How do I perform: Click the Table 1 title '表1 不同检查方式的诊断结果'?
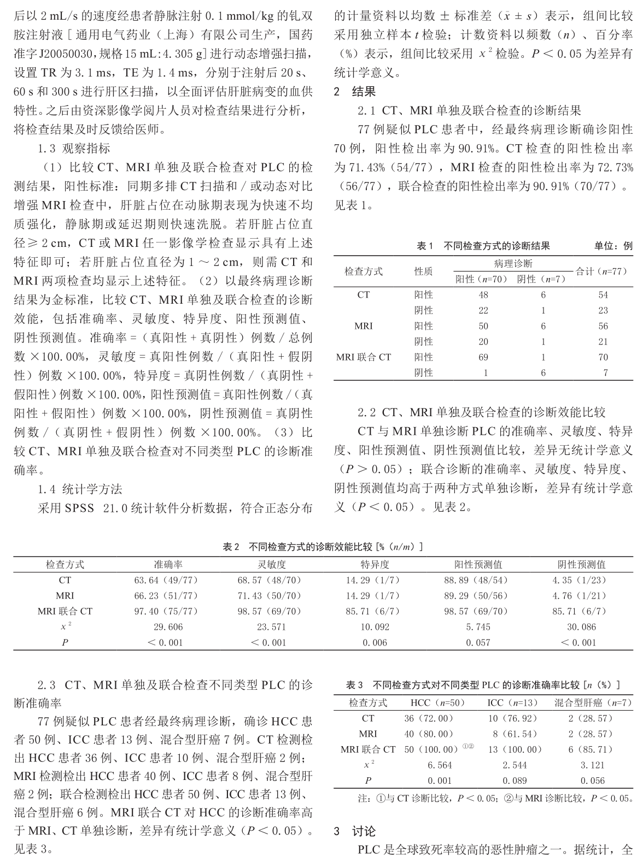pyautogui.click(x=483, y=246)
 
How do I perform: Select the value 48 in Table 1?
pyautogui.click(x=483, y=295)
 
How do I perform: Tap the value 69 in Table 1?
pyautogui.click(x=483, y=357)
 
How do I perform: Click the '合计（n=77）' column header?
pyautogui.click(x=602, y=271)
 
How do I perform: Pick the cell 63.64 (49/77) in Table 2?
pyautogui.click(x=166, y=581)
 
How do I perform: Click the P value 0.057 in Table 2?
pyautogui.click(x=478, y=643)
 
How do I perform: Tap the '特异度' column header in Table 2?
pyautogui.click(x=375, y=565)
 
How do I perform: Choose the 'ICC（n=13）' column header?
pyautogui.click(x=512, y=703)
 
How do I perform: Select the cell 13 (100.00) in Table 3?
pyautogui.click(x=512, y=750)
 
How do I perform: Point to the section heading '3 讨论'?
pyautogui.click(x=355, y=832)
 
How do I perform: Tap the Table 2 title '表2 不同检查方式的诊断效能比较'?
pyautogui.click(x=323, y=547)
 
